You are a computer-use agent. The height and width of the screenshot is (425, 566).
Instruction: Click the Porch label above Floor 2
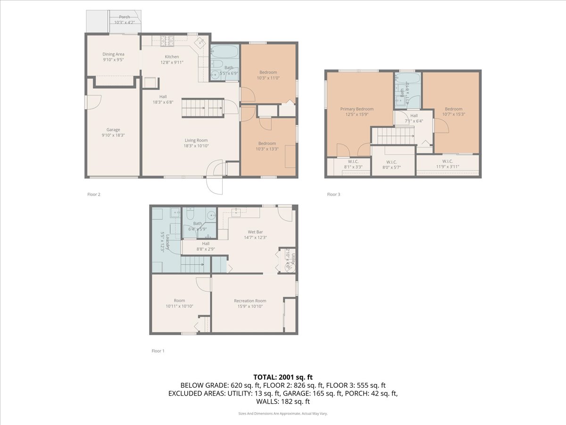(125, 17)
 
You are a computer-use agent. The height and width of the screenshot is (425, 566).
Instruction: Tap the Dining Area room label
(113, 54)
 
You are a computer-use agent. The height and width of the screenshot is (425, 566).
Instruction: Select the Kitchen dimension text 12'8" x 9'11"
(158, 62)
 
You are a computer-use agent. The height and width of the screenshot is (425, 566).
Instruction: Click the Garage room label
(113, 130)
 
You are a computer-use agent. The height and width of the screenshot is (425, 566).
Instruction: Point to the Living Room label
(196, 140)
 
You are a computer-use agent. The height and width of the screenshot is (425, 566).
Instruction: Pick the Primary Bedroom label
(357, 109)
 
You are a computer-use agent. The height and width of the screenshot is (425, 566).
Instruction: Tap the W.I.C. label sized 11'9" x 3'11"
(448, 161)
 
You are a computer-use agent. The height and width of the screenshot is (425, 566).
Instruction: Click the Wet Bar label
(255, 232)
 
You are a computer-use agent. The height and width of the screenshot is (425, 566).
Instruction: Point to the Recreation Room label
(250, 301)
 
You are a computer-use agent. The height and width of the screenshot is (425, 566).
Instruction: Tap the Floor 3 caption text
(333, 194)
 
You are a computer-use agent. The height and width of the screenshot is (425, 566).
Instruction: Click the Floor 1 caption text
(158, 351)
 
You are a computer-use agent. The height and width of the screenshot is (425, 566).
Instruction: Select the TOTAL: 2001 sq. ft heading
(283, 377)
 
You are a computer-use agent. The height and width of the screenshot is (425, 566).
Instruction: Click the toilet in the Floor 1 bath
(190, 216)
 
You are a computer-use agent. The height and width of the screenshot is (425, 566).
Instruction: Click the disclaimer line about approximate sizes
(283, 413)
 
